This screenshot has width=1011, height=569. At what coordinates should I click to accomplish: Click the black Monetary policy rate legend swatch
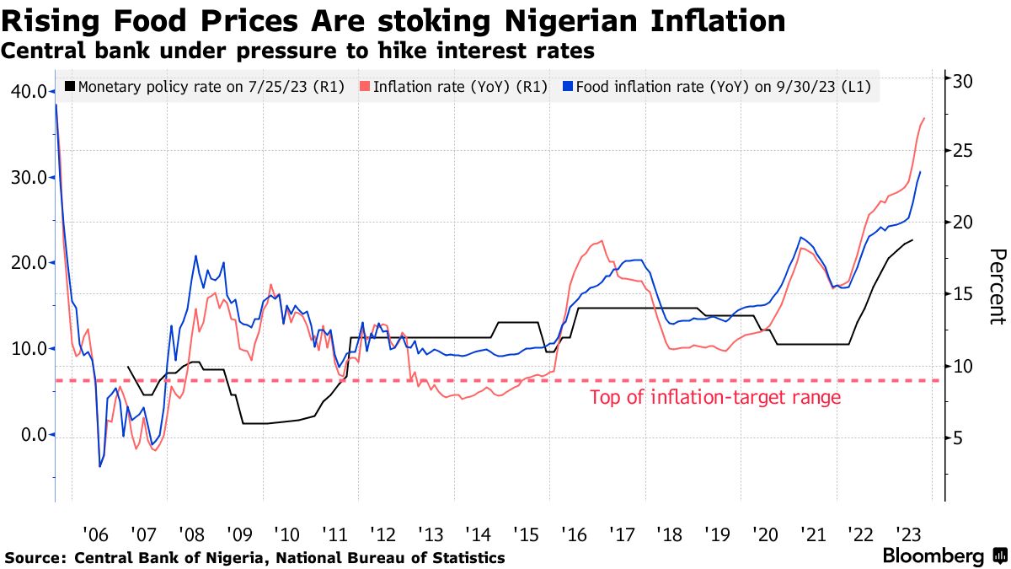(70, 86)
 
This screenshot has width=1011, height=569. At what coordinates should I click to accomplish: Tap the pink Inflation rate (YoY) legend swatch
(364, 86)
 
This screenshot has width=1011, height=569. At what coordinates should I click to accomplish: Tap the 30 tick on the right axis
(964, 81)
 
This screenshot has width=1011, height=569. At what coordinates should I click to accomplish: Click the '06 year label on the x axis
(94, 534)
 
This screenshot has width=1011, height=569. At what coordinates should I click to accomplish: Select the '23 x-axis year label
(909, 534)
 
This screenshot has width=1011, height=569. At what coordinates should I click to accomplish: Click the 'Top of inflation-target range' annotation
(715, 398)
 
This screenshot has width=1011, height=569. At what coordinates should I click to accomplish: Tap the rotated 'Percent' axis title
(997, 287)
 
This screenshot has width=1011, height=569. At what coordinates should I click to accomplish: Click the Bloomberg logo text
(933, 556)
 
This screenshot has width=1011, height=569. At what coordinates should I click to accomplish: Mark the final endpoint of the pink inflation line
(925, 118)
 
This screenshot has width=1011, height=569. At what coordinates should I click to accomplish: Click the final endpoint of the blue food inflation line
(920, 172)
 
